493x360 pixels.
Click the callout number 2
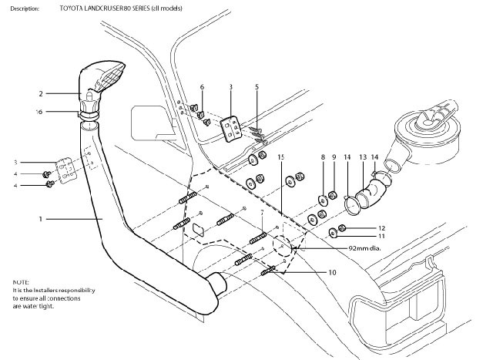[40, 93]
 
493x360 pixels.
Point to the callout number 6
[202, 87]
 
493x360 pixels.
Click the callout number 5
[257, 87]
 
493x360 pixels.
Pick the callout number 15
[281, 157]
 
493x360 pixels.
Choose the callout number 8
[323, 157]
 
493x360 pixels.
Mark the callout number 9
[334, 157]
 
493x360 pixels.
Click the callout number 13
[361, 156]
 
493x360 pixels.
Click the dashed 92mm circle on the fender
[281, 248]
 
